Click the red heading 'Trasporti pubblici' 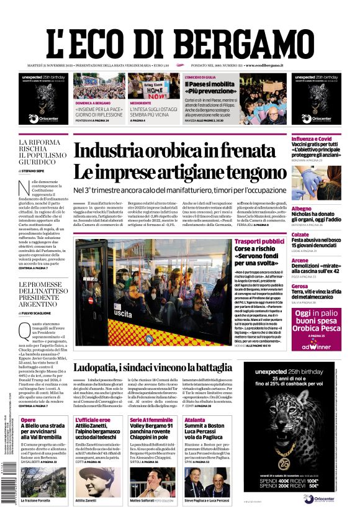pos(260,241)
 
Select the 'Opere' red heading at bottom pos(28,420)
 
